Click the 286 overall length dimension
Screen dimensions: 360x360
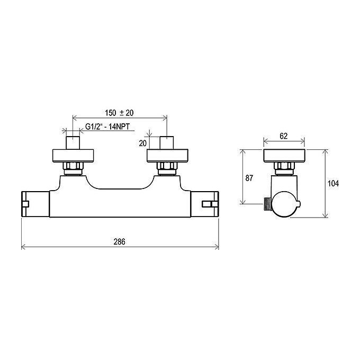(x=120, y=242)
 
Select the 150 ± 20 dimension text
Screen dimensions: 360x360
(x=119, y=113)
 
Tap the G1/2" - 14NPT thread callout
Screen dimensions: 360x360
(x=107, y=127)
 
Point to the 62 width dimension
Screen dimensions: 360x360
(x=284, y=136)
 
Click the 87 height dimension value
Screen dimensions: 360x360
(x=249, y=178)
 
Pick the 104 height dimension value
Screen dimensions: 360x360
(x=333, y=184)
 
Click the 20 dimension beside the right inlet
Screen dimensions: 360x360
(x=142, y=143)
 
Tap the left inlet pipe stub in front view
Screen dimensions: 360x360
(x=73, y=143)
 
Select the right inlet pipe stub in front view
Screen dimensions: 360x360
(x=167, y=143)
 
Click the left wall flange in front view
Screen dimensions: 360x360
(x=73, y=156)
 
